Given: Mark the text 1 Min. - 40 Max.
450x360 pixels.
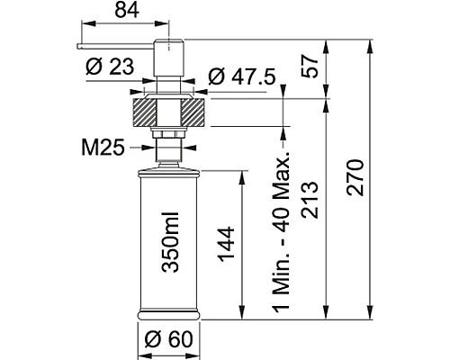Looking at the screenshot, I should pos(281,234).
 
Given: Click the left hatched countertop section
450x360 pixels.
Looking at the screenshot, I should pos(146,112).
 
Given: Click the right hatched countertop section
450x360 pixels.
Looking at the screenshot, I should pos(195,112).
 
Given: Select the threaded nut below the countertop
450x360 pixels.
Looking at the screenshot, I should pos(169,136).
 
